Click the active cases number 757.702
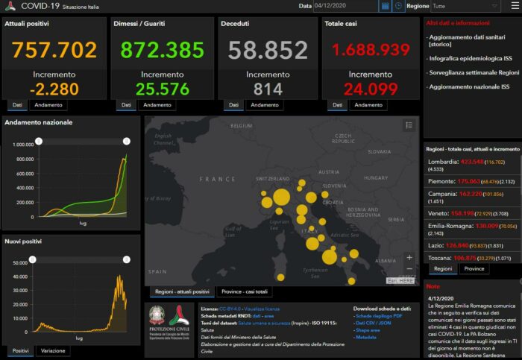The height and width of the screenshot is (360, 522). pos(54,51)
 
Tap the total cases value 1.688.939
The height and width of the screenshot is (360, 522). pos(370,51)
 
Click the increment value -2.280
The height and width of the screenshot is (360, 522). pos(54,89)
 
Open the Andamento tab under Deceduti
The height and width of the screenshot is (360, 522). pos(265,105)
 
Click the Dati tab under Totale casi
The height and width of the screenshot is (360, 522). pos(338,105)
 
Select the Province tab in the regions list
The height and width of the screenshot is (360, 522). pos(473,268)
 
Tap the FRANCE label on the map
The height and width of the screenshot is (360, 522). pos(218,179)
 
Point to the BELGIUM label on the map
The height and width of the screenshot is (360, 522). pos(242,127)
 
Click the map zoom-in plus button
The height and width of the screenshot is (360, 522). pos(409,258)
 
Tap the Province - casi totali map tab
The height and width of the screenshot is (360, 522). pos(243,291)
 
